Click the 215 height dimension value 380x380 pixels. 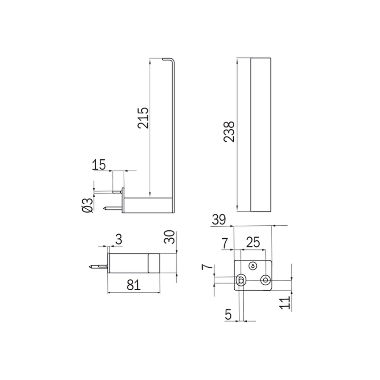pyautogui.click(x=143, y=118)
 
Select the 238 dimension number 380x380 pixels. pyautogui.click(x=229, y=131)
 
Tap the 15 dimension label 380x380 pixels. pyautogui.click(x=99, y=165)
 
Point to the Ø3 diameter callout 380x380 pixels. pyautogui.click(x=88, y=206)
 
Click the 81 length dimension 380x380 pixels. pyautogui.click(x=134, y=285)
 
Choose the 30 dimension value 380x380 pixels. pyautogui.click(x=169, y=237)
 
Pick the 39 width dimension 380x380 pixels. pyautogui.click(x=219, y=220)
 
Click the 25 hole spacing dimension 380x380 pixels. pyautogui.click(x=253, y=242)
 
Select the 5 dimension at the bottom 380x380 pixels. pyautogui.click(x=228, y=315)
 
